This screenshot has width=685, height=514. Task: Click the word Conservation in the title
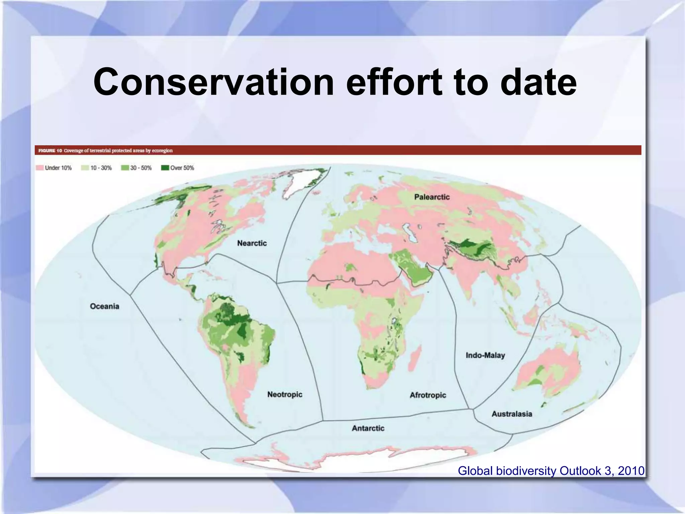pos(213,82)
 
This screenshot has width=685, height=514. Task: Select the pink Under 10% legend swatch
pos(40,168)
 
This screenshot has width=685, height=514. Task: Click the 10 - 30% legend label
pos(101,168)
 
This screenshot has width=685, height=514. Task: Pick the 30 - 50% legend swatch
pos(125,168)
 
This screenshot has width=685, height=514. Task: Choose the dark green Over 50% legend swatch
pos(165,168)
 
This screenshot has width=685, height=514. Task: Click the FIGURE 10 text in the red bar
pos(50,151)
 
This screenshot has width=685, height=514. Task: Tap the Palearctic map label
pos(432,197)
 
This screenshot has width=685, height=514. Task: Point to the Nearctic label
pos(252,243)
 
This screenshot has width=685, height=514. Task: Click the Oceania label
pos(104,306)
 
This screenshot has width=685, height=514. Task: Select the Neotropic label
pos(285,395)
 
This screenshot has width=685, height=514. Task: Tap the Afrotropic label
pos(428,395)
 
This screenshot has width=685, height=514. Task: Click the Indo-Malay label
pos(485,355)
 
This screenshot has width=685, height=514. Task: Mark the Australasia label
pos(511,414)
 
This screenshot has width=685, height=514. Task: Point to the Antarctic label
pos(368,428)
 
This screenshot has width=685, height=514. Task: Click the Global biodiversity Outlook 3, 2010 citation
pos(551,471)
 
